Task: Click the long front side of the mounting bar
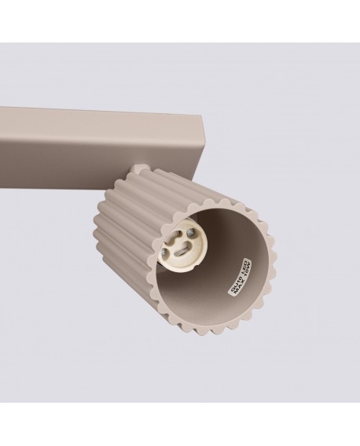(79, 149)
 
